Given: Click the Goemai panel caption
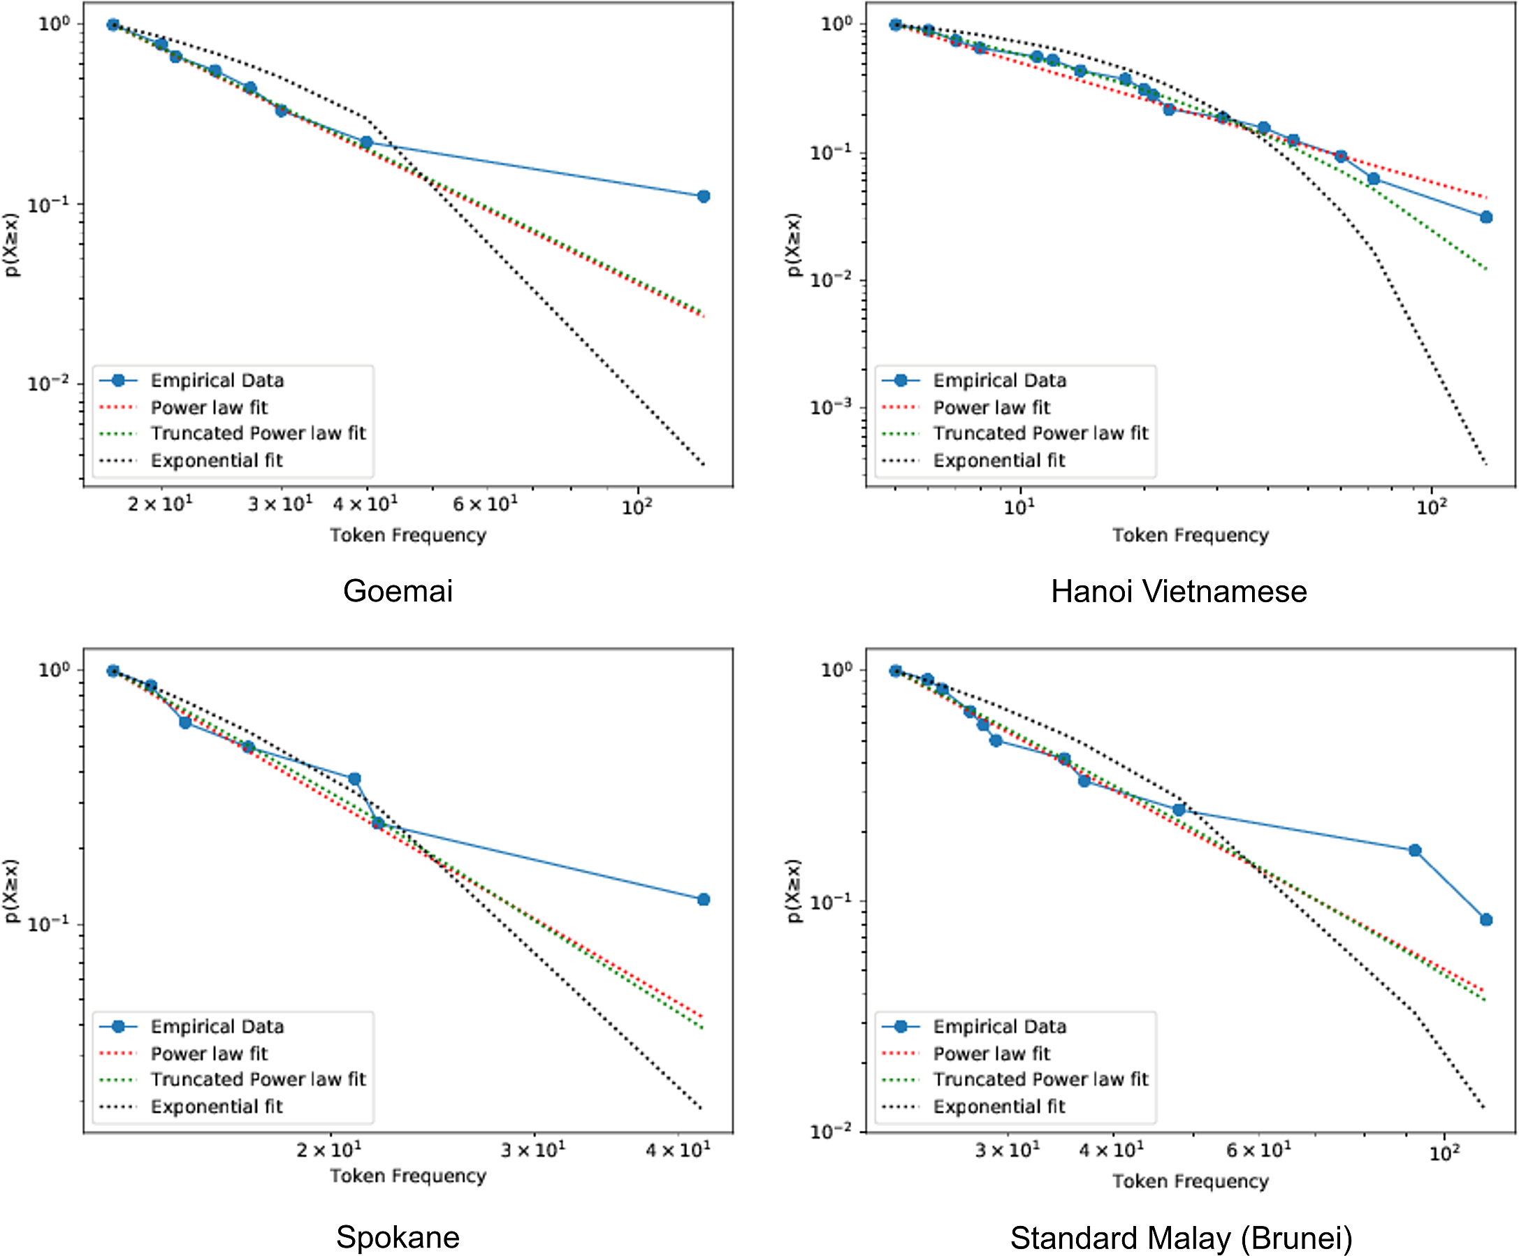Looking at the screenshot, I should [398, 591].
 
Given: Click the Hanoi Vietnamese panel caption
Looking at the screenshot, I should [1178, 592].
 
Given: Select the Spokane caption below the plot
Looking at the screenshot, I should [398, 1237].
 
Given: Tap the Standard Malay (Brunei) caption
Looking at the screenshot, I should [1181, 1238].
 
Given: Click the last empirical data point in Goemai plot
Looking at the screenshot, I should [703, 196].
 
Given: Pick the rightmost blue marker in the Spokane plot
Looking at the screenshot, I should [703, 900].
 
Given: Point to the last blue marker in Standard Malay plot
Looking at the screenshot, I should [1485, 920].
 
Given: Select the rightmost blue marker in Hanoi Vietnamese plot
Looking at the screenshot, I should [1485, 217].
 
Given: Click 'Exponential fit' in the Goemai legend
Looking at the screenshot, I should [217, 460].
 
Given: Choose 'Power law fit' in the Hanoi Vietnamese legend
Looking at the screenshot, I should [991, 408].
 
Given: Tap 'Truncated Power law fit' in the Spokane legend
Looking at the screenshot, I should [259, 1079].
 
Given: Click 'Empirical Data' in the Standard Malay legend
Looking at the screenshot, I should [999, 1027].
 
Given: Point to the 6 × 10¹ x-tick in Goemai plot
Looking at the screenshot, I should [486, 504].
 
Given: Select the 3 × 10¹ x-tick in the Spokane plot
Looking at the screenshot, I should [534, 1150].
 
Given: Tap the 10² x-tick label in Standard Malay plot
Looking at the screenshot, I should [1445, 1153].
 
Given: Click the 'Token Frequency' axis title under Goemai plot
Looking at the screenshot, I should [408, 535].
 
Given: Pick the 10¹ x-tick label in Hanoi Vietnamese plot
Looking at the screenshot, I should [1019, 507].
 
